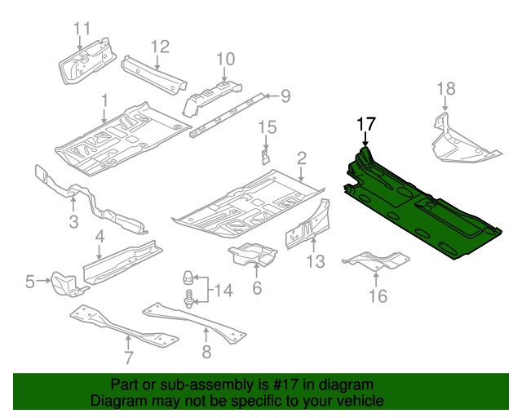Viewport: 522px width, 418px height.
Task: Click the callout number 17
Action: coord(365,124)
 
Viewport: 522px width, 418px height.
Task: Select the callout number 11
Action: coord(81,29)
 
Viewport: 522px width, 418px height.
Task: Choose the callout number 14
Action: coord(223,290)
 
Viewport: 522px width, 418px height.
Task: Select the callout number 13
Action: coord(315,261)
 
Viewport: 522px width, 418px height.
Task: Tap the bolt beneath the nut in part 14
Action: coord(188,300)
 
